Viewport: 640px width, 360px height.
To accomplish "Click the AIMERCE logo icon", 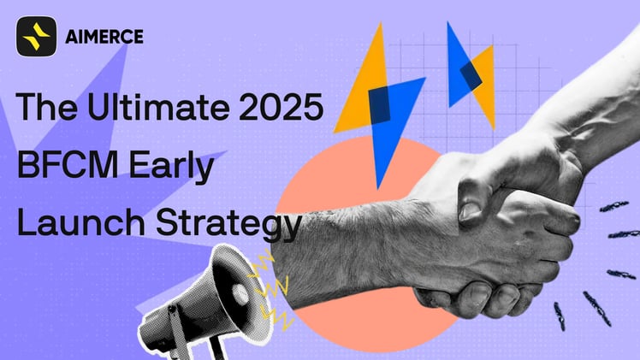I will point(36,37).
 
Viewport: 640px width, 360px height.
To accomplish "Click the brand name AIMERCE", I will point(104,37).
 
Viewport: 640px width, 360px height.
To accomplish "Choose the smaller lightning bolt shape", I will point(470,74).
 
